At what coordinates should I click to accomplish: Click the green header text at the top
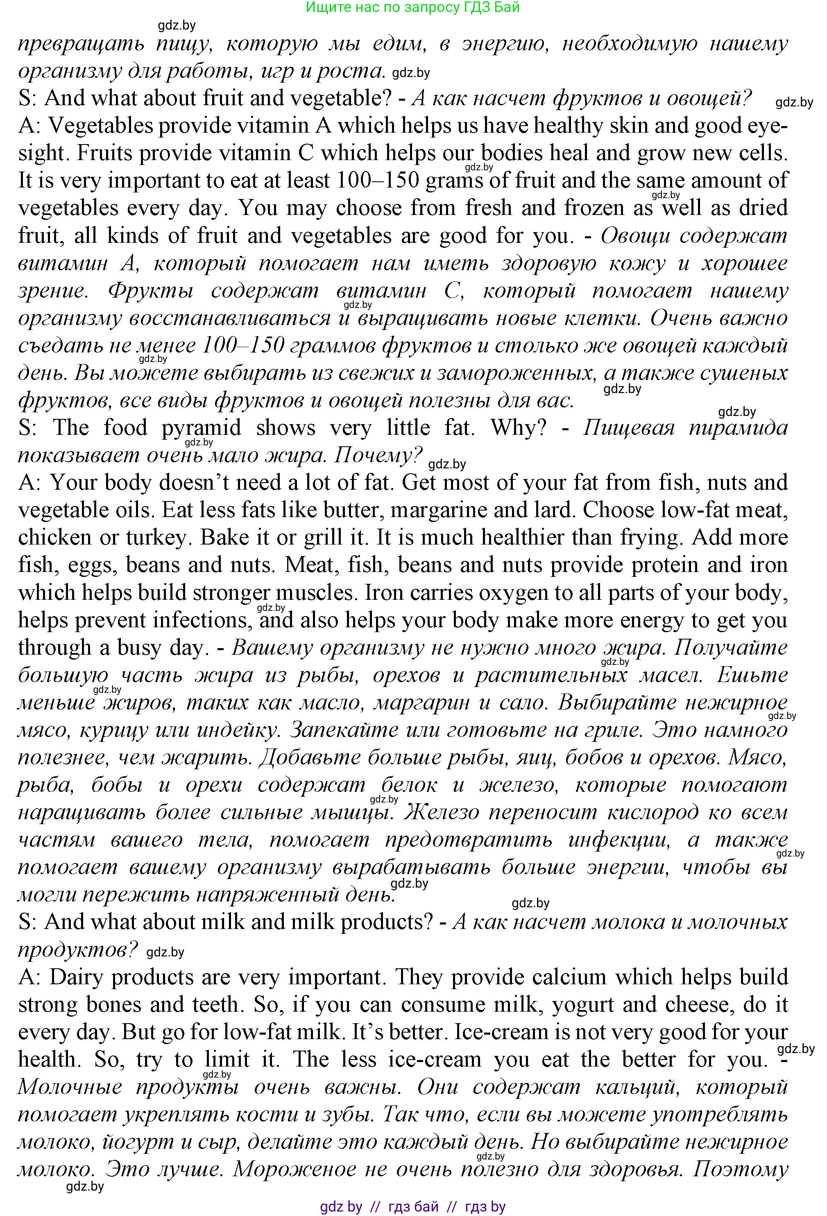pos(412,7)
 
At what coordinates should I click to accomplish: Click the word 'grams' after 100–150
pos(454,181)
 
